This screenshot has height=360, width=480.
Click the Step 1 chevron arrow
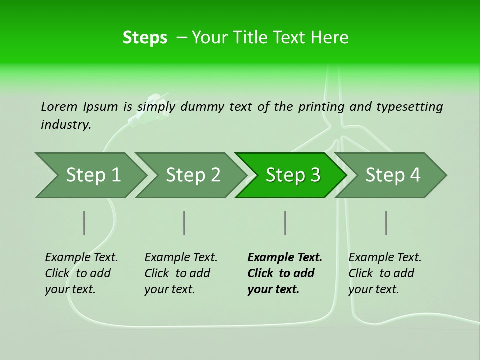point(93,175)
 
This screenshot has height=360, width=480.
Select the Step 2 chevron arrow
point(193,175)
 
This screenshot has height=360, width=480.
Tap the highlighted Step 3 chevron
point(292,175)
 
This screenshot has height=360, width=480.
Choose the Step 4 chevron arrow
point(392,175)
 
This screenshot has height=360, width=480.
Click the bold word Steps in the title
point(145,37)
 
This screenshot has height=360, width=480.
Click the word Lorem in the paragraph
point(59,106)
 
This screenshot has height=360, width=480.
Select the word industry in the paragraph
point(65,124)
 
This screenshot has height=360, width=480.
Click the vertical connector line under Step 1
point(84,223)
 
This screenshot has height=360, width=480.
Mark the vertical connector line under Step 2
point(184,223)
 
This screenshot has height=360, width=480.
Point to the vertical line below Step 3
point(285,223)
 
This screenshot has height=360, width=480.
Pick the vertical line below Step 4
point(386,223)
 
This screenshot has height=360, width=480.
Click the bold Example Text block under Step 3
point(285,273)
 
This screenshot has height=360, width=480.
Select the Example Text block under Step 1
point(81,273)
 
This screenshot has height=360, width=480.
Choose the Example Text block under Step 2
point(181,273)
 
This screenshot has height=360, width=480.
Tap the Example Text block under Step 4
point(385,273)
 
